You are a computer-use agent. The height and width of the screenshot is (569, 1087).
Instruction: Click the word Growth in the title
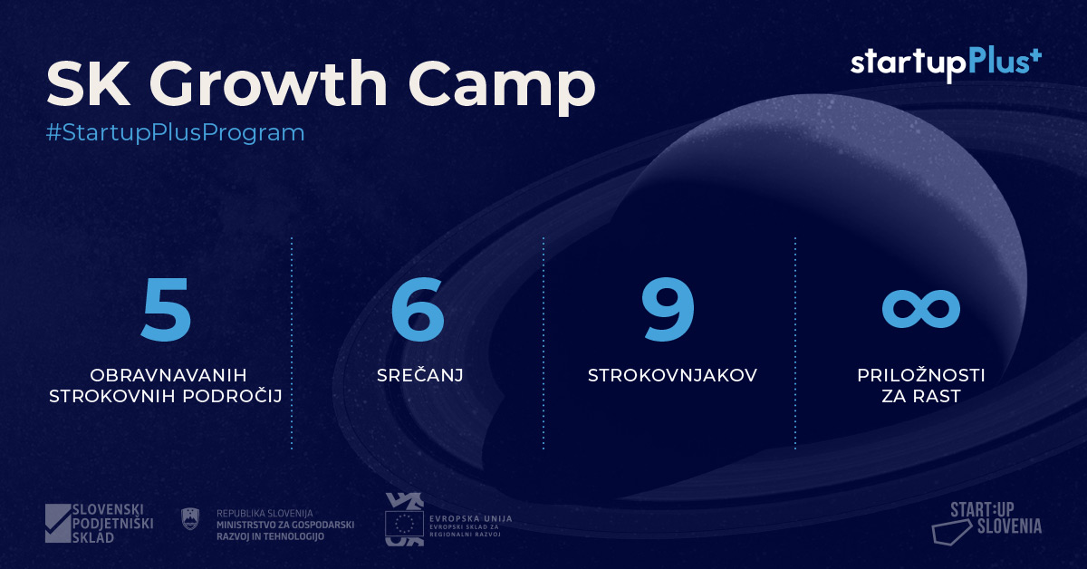(271, 83)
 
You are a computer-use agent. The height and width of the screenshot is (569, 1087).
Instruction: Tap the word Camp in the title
(502, 87)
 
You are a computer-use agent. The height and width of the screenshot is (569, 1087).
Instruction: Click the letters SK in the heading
(89, 83)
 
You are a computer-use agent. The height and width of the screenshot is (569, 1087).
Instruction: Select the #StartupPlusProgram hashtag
(175, 132)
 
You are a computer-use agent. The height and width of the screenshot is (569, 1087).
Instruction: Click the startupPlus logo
(946, 64)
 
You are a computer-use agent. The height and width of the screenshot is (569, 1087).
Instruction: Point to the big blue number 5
(166, 309)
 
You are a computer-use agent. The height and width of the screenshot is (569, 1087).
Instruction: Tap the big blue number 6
(418, 309)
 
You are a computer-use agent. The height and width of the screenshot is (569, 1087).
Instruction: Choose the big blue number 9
(668, 309)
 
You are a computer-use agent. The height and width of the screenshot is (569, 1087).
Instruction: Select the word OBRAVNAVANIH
(168, 375)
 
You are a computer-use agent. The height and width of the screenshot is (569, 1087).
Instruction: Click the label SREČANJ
(420, 375)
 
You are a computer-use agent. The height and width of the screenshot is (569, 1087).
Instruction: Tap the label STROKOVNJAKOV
(672, 375)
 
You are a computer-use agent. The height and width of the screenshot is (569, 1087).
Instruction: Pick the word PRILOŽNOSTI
(921, 375)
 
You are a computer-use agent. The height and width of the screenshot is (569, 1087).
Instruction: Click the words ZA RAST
(921, 397)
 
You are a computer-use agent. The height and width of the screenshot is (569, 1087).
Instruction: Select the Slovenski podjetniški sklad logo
(99, 523)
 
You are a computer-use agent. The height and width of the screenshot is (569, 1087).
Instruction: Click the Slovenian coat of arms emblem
(189, 519)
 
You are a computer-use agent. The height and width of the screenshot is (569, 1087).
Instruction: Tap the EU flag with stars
(404, 524)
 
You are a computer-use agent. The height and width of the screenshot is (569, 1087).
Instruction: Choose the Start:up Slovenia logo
(987, 523)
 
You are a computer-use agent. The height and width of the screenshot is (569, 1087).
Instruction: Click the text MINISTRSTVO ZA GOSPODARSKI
(285, 525)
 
